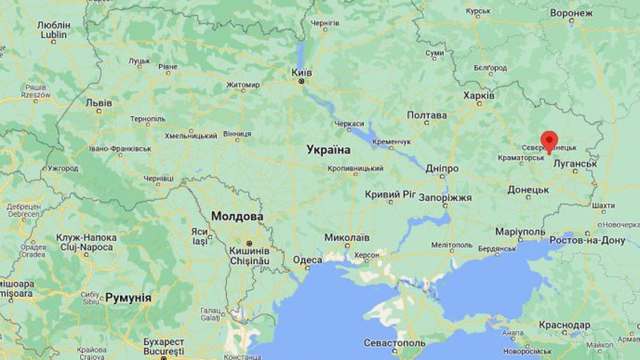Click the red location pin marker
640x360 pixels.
tap(549, 140)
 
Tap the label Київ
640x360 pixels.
tap(301, 72)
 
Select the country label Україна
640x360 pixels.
tap(328, 150)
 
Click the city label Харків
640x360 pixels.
tap(478, 96)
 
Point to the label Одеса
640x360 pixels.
tap(307, 259)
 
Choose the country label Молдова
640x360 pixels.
tap(238, 217)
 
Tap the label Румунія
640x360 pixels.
tap(128, 298)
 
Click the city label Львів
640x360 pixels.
tap(98, 103)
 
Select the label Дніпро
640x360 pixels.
tap(442, 169)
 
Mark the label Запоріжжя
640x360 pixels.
tap(446, 197)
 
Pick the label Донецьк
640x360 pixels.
tap(528, 190)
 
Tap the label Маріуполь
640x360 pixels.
tap(520, 232)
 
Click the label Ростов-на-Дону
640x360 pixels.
tap(586, 241)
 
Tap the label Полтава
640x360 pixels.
tap(426, 116)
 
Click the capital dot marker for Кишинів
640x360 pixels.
tap(250, 243)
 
